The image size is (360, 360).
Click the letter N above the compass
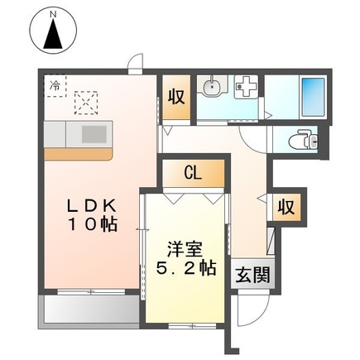click(x=52, y=12)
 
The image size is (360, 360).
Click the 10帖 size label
click(x=87, y=224)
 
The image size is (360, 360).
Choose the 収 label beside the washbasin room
click(x=175, y=94)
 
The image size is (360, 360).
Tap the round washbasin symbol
click(x=214, y=86)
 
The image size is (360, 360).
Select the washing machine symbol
click(x=247, y=87)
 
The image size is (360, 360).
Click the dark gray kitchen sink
click(x=93, y=132)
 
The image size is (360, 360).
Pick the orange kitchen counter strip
click(x=79, y=153)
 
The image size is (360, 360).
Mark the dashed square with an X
click(x=87, y=103)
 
